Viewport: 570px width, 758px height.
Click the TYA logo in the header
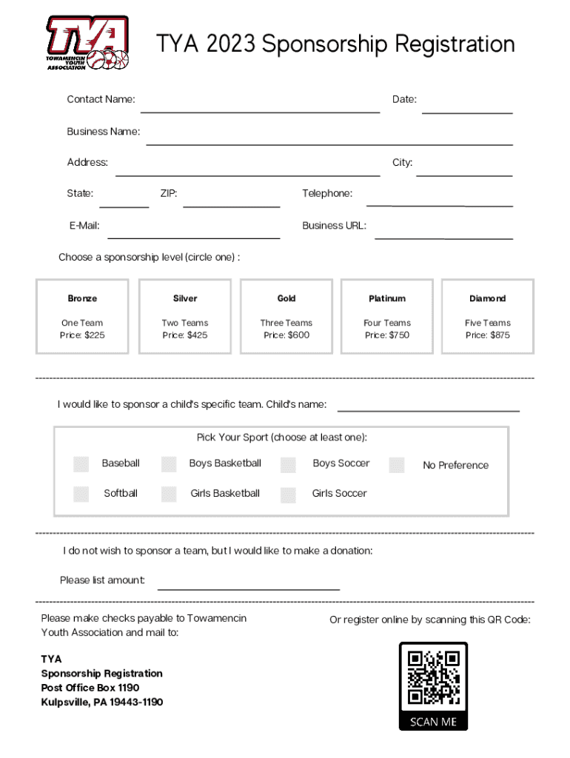tap(87, 43)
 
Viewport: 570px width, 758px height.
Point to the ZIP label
tap(169, 194)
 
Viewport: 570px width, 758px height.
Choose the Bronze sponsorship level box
tap(82, 316)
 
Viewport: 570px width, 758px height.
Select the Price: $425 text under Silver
tap(185, 335)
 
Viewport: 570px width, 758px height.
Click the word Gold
tap(286, 298)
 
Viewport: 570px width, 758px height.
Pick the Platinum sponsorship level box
tap(387, 316)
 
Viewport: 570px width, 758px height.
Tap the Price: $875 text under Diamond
tap(487, 335)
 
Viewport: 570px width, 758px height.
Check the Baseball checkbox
tap(81, 464)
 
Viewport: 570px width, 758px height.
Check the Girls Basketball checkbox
tap(169, 494)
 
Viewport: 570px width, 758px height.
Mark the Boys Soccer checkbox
tap(288, 464)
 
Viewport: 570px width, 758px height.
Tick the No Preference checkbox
tap(398, 465)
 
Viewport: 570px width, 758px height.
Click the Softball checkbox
tap(81, 494)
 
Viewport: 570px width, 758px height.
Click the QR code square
tap(433, 677)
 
